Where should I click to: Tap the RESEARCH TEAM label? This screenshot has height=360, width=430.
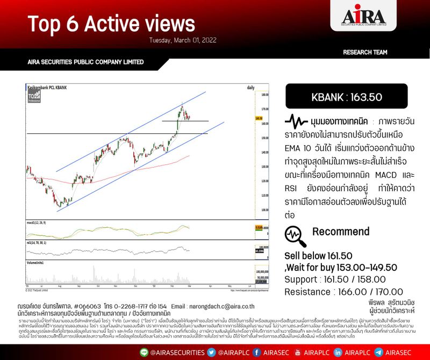(x=365, y=52)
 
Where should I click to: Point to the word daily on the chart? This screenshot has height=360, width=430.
(x=250, y=87)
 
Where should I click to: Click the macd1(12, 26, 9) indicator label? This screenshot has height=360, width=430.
(x=39, y=221)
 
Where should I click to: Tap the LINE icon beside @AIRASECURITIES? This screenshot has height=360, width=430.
(x=142, y=351)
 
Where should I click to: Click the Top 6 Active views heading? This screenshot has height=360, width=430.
(x=111, y=24)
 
